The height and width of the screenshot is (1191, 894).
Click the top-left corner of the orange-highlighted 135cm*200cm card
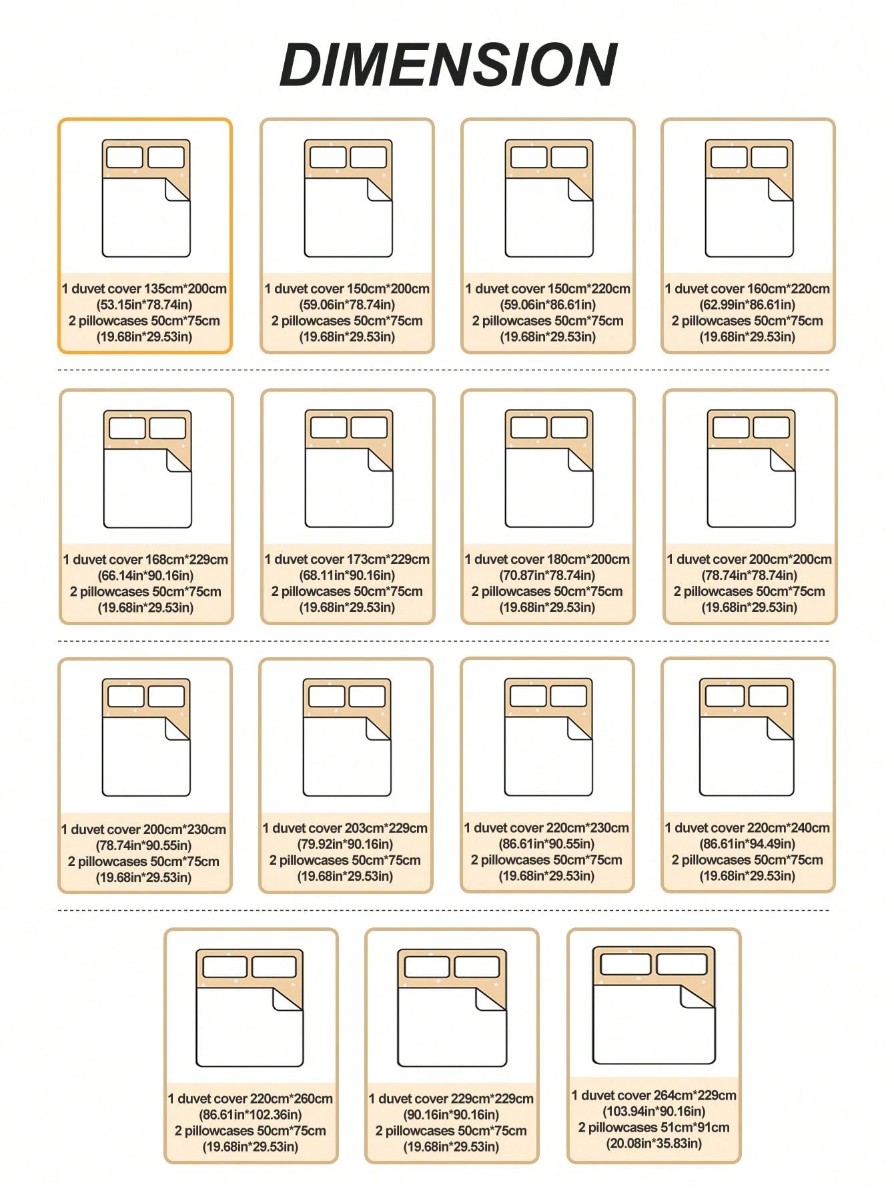pyautogui.click(x=59, y=119)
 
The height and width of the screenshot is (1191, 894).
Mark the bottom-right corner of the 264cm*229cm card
pyautogui.click(x=741, y=1162)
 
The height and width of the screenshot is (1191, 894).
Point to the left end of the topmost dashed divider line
pyautogui.click(x=59, y=370)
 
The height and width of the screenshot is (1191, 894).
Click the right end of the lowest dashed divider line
pyautogui.click(x=830, y=910)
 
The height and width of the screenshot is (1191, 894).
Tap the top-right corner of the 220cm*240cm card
pyautogui.click(x=835, y=659)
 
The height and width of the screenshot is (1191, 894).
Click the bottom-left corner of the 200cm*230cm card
pyautogui.click(x=59, y=892)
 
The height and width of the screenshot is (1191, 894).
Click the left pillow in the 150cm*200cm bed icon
pyautogui.click(x=328, y=157)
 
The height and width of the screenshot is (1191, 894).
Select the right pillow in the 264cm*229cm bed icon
pyautogui.click(x=682, y=964)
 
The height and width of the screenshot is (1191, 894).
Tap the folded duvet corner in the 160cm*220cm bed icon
pyautogui.click(x=780, y=189)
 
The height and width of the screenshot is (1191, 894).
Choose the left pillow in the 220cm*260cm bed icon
pyautogui.click(x=225, y=967)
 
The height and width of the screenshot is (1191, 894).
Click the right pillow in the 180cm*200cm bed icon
pyautogui.click(x=569, y=427)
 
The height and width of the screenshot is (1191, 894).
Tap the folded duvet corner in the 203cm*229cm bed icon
pyautogui.click(x=378, y=729)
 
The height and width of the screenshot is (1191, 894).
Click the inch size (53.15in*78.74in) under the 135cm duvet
pyautogui.click(x=144, y=305)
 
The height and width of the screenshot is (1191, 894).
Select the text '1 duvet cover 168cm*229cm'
pyautogui.click(x=145, y=560)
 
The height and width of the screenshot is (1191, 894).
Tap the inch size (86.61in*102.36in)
pyautogui.click(x=250, y=1114)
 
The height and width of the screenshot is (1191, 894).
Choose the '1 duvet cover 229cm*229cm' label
pyautogui.click(x=451, y=1098)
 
